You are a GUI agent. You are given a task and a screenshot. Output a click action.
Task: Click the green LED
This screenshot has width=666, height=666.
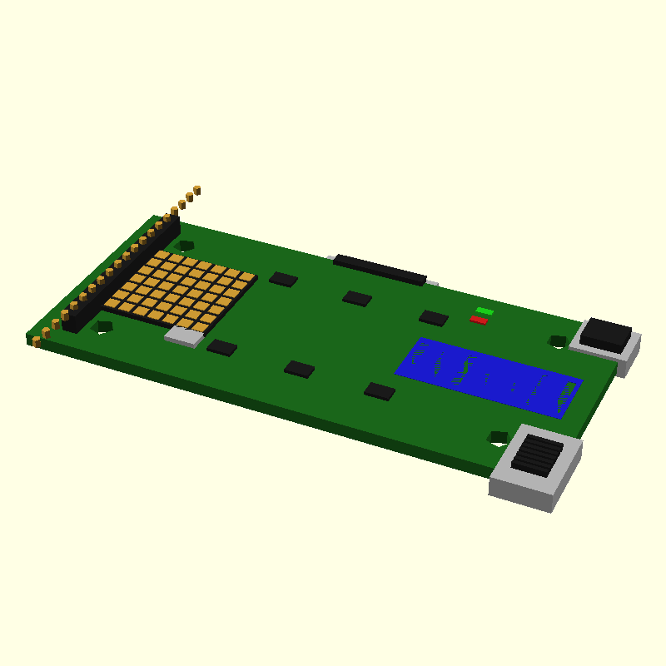click(x=485, y=311)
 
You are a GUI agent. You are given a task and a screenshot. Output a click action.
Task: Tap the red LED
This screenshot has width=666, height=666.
click(x=479, y=320)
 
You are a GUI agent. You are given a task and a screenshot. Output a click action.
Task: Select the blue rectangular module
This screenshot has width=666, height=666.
click(x=489, y=377)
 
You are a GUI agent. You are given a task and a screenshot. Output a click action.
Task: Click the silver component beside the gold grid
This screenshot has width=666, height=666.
click(x=185, y=336)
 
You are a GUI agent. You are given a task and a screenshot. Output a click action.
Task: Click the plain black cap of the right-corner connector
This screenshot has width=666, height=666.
click(x=605, y=333)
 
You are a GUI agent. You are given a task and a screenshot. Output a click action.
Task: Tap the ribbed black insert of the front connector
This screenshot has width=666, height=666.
click(x=536, y=455)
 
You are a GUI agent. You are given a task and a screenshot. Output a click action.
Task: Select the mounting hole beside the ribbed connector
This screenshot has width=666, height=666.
click(x=498, y=436)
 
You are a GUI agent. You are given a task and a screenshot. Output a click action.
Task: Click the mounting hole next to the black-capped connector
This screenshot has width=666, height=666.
click(x=558, y=340)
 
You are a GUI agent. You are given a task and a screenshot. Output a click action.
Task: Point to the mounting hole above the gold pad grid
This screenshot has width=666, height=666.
click(x=186, y=245)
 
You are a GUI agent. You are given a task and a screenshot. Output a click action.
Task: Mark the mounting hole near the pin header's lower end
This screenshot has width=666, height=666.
click(x=103, y=326)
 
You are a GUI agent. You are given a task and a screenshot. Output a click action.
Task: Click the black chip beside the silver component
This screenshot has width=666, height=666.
click(x=222, y=347)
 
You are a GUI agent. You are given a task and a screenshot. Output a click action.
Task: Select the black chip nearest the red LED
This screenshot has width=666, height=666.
click(x=434, y=317)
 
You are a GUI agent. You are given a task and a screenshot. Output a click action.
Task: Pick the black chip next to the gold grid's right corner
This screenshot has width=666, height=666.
click(x=284, y=279)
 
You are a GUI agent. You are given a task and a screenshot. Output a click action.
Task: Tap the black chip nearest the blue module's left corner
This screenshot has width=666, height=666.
click(x=380, y=390)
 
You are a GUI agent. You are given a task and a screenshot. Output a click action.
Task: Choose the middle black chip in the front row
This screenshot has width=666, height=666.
click(x=300, y=368)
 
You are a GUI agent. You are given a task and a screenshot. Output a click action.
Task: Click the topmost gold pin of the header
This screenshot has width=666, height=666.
click(x=196, y=190)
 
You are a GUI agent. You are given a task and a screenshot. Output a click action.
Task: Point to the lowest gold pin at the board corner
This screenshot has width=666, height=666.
click(x=37, y=341)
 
